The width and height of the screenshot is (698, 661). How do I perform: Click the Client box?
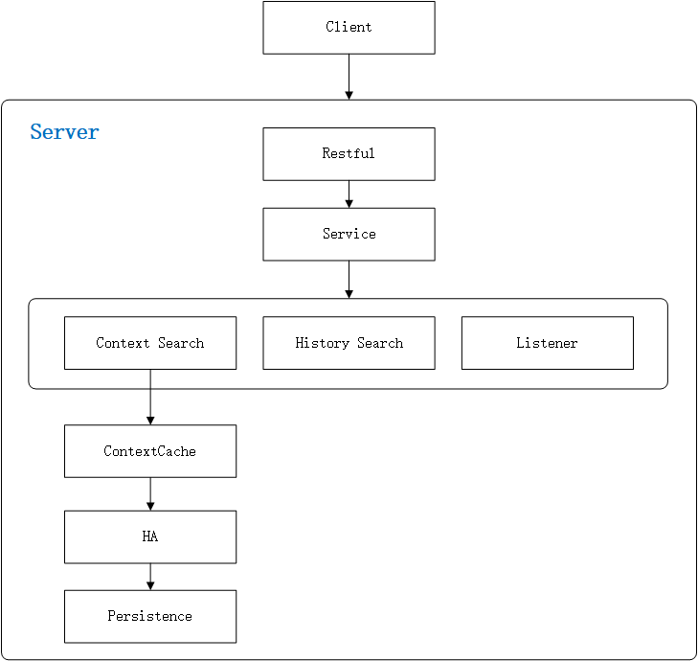tap(349, 28)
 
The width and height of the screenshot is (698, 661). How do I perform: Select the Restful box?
tap(349, 154)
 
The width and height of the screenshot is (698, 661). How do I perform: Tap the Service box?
tap(349, 235)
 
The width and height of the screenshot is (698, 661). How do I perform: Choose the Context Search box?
tap(150, 343)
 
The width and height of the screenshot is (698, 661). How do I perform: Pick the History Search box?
tap(349, 343)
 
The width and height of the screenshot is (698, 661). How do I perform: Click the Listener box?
tap(547, 343)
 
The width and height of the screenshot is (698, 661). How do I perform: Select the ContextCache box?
tap(150, 451)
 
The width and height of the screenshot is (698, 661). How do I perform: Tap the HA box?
tap(150, 537)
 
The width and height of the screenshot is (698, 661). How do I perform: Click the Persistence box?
tap(150, 617)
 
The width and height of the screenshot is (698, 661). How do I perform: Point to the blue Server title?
tap(64, 132)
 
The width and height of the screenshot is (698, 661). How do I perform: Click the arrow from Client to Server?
tap(349, 77)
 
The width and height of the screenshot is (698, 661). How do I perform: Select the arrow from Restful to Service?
tap(349, 194)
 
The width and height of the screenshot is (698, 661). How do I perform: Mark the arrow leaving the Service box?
tap(349, 279)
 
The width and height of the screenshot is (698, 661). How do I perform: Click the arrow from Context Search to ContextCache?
tap(150, 397)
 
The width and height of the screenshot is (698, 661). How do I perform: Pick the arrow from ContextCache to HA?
tap(150, 493)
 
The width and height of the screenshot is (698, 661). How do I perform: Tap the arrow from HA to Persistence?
tap(150, 577)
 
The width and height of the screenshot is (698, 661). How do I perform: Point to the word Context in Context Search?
tap(123, 343)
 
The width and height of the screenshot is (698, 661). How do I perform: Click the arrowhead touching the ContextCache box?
tap(150, 420)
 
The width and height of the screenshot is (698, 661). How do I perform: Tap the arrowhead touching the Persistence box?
tap(150, 585)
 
